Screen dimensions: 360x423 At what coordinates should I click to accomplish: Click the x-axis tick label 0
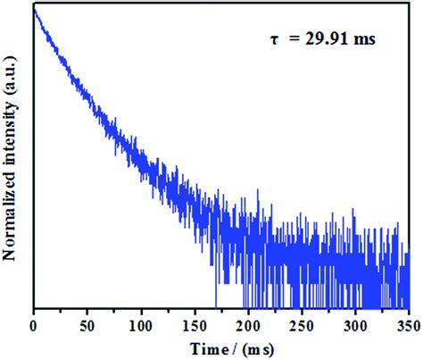point(33,324)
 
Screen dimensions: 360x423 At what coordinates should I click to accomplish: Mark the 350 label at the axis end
point(409,324)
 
